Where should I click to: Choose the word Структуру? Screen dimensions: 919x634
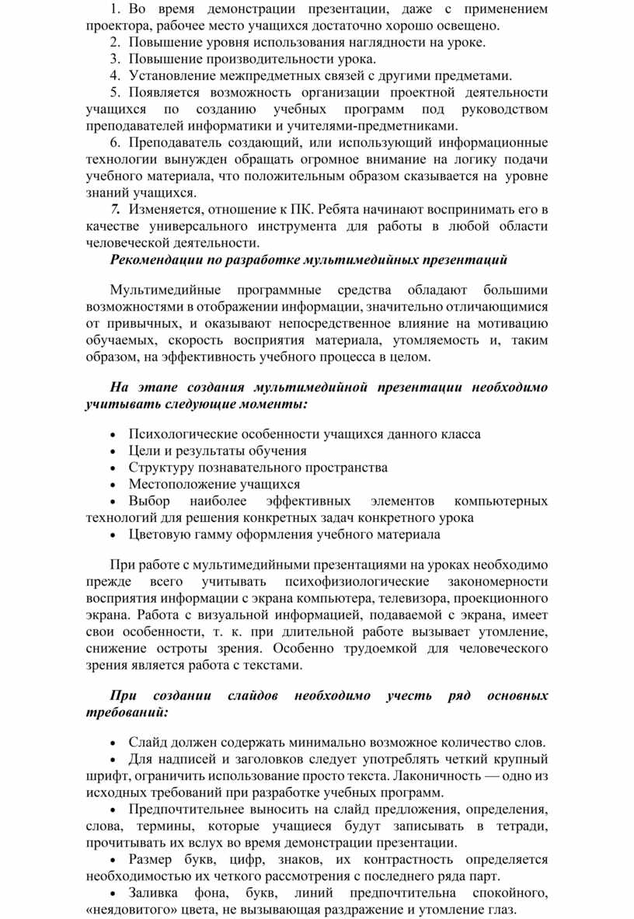click(159, 468)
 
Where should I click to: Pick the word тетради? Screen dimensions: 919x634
click(522, 826)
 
